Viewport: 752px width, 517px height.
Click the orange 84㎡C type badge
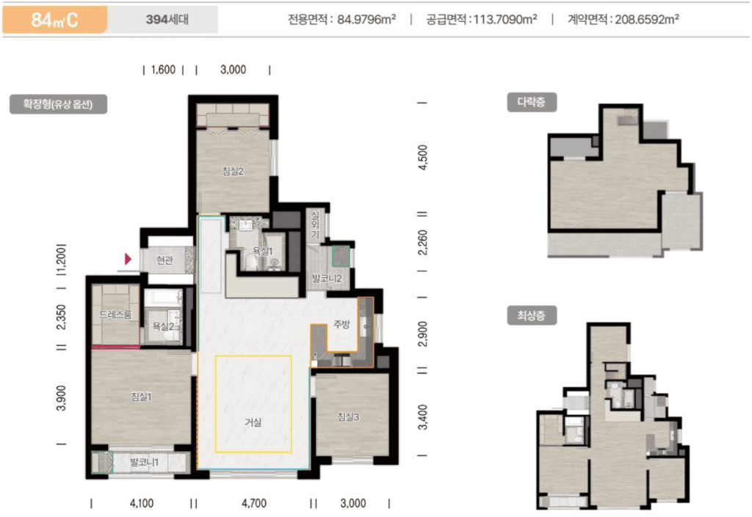(54, 20)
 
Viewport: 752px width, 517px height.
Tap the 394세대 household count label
(167, 20)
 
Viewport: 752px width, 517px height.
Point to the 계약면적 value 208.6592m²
(647, 19)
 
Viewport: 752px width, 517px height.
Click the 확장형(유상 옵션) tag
(58, 104)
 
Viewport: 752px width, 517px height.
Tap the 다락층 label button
(532, 102)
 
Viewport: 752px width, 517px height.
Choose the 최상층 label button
(532, 315)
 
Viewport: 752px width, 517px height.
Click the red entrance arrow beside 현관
(128, 259)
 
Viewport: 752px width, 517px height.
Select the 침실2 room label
(233, 171)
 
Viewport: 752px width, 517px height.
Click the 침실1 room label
(142, 396)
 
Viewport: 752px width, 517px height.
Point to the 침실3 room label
(348, 417)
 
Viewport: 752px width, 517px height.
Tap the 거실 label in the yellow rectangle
(253, 422)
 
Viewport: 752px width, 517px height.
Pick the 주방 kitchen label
(341, 324)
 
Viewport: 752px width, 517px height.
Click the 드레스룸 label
(115, 315)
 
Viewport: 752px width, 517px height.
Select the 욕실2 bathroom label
(164, 326)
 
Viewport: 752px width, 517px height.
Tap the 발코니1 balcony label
(144, 463)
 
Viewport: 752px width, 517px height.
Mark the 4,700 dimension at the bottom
(254, 503)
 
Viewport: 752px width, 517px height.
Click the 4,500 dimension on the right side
(422, 158)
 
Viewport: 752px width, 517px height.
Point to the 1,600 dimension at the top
(163, 70)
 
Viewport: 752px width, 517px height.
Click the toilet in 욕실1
(251, 262)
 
